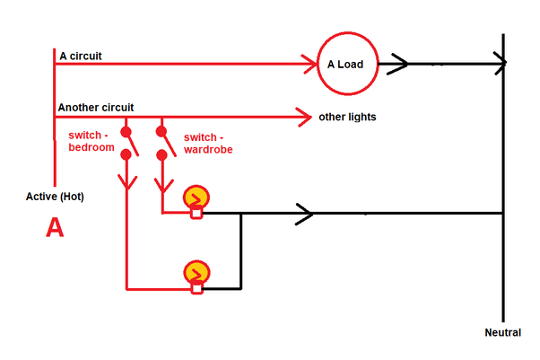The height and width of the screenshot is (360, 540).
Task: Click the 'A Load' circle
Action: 348,64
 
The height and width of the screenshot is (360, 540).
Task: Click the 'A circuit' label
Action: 81,56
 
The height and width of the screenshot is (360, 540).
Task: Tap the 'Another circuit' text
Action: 96,108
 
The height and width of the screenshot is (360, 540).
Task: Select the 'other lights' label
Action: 347,117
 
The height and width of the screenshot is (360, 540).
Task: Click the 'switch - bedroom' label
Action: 91,142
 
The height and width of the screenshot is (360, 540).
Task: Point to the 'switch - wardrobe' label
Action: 208,144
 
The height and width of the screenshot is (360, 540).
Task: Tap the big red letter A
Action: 55,229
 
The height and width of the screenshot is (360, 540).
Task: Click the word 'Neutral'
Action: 502,333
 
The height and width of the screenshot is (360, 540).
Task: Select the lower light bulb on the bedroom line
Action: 196,273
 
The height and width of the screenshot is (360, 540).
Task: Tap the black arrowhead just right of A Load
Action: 398,64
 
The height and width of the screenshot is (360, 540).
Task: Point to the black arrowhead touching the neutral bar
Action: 499,64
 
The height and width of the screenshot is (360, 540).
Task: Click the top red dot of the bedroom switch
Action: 126,124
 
